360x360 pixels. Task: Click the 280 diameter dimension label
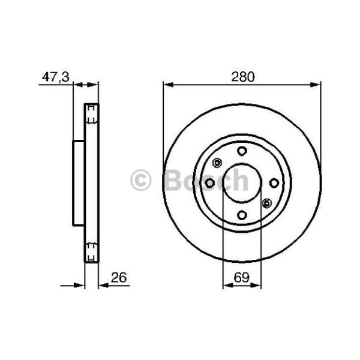pos(242,77)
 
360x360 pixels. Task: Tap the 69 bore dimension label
pos(242,277)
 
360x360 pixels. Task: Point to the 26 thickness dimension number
pos(119,277)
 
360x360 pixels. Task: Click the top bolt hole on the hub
pos(242,151)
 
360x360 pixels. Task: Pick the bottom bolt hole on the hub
pos(242,215)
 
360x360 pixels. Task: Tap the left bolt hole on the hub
pos(210,183)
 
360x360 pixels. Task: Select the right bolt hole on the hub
pos(274,183)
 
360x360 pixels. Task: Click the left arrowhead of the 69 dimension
pos(227,286)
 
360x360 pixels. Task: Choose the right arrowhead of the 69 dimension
pos(258,286)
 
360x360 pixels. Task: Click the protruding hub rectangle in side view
pos(79,183)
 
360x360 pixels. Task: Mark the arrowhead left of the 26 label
pos(101,286)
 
